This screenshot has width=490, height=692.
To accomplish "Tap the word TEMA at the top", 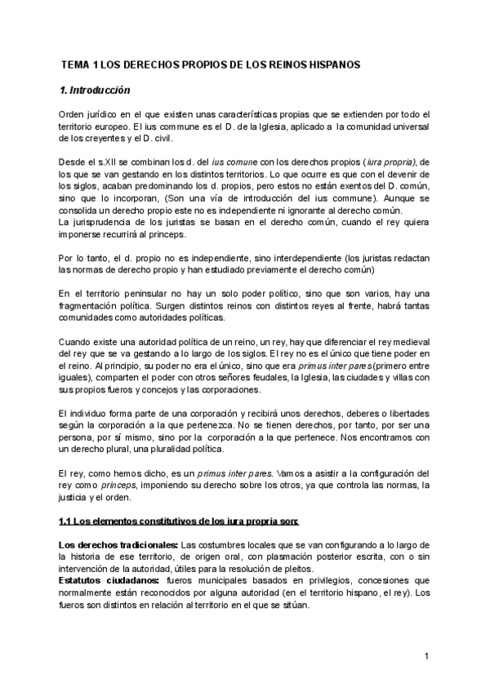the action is point(76,64).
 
